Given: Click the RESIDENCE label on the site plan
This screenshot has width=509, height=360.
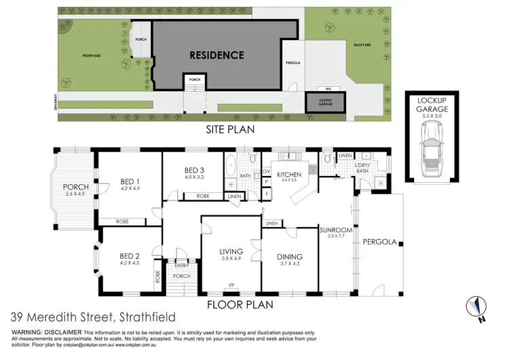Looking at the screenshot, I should [216, 54].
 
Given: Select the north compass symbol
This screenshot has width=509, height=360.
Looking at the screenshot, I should [478, 306].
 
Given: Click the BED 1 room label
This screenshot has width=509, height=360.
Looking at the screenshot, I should [130, 181].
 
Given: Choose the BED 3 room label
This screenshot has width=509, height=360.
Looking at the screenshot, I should [194, 170].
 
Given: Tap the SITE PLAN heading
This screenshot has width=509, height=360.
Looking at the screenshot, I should [224, 129].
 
